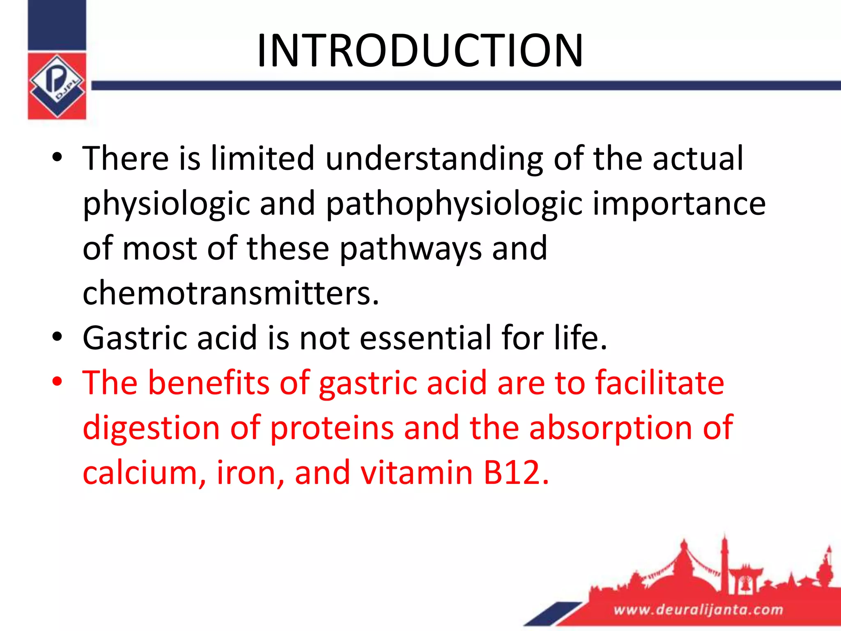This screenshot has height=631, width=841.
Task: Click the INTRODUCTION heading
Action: [420, 51]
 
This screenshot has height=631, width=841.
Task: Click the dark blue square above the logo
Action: [57, 25]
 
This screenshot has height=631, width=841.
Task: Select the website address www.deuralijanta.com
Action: [698, 610]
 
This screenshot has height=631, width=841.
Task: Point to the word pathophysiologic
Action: [455, 204]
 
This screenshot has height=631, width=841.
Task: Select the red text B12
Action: [516, 473]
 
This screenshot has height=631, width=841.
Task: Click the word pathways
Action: [411, 249]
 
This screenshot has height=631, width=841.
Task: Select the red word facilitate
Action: [659, 383]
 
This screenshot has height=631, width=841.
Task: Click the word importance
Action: [678, 204]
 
